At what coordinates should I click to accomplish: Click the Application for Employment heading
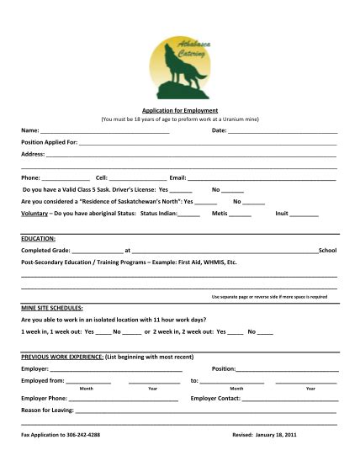coord(180,110)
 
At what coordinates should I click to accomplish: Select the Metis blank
coord(240,214)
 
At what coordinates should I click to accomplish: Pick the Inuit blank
coord(304,214)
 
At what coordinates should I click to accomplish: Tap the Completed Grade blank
coord(97,252)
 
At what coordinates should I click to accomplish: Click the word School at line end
coord(328,251)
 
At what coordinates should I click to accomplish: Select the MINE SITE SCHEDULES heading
coord(51,309)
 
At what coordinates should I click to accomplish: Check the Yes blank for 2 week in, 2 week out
coord(236,332)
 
